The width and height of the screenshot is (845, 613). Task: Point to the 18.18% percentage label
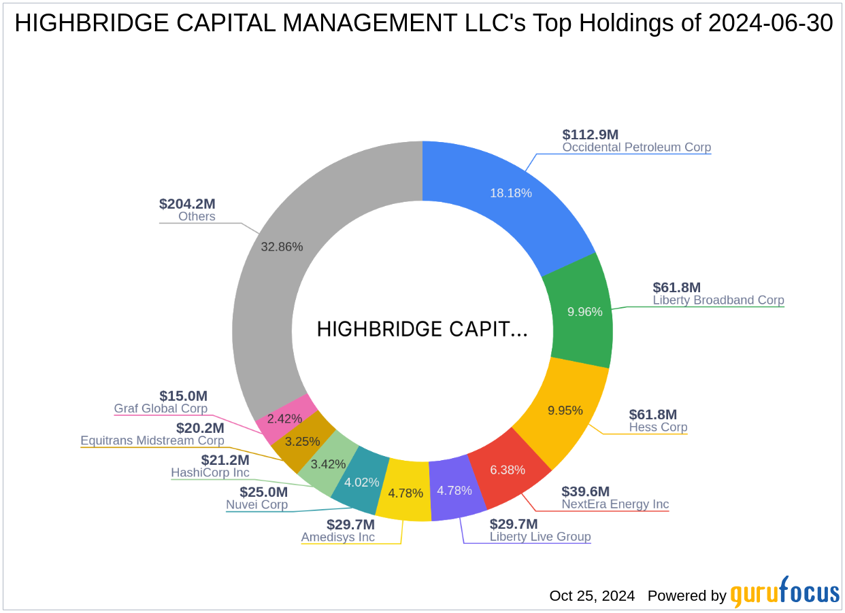point(510,193)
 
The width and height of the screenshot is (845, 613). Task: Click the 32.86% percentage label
point(282,247)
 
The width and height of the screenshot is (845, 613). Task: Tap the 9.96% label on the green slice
point(584,312)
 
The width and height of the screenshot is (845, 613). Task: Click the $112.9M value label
point(591,135)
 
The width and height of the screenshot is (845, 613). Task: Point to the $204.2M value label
point(187,204)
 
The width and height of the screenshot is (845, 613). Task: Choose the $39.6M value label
point(585,491)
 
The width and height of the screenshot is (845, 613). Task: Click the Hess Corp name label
point(658,427)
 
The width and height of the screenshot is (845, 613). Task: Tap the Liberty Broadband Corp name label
point(718,300)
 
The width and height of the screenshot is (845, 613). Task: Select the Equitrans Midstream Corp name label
point(152,440)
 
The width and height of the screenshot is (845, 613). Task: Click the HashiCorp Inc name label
point(210,472)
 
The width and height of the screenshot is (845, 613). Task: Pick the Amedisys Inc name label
point(338,537)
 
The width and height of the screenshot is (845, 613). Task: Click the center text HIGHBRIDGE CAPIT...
point(422,330)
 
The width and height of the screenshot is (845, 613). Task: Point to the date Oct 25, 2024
point(592,596)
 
